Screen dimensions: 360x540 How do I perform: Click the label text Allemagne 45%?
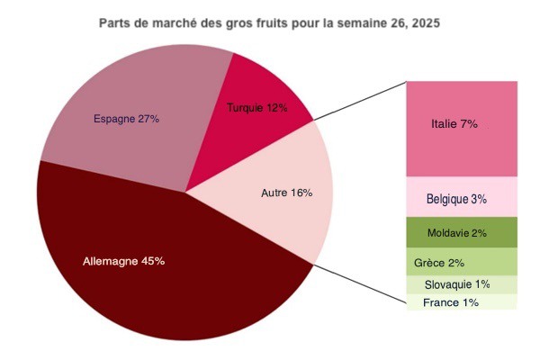[123, 261]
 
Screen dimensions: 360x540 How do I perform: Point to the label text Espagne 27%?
[127, 119]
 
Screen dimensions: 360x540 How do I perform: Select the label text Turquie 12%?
[257, 109]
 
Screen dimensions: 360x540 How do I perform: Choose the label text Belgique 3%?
[457, 198]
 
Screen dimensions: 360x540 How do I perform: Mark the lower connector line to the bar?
[360, 286]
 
